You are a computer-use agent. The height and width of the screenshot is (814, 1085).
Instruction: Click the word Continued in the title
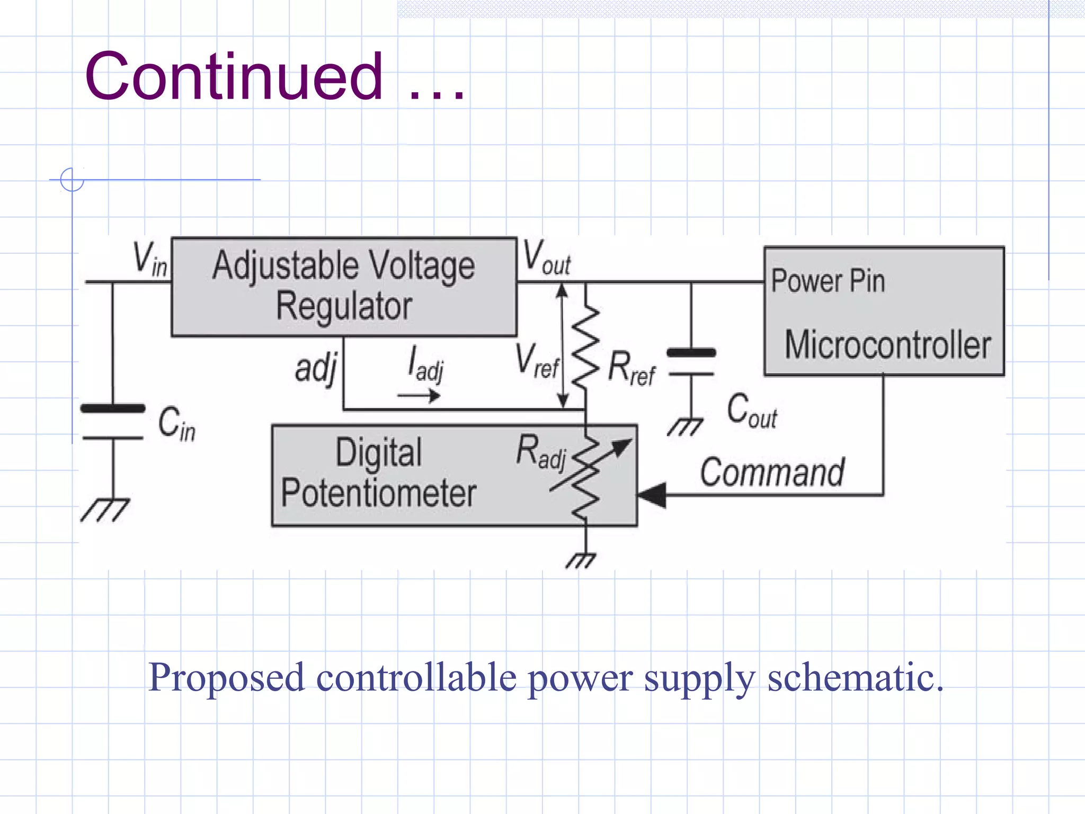point(233,77)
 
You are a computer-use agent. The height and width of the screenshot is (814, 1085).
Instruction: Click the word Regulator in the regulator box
point(344,307)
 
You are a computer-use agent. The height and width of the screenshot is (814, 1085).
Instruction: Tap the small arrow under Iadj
point(419,395)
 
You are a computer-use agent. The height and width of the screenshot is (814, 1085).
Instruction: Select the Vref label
point(537,362)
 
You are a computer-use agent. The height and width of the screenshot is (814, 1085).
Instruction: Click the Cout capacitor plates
point(691,363)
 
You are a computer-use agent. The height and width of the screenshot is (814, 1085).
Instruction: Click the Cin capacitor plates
point(113,423)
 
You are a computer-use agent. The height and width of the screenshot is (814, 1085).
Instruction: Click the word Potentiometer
point(378,493)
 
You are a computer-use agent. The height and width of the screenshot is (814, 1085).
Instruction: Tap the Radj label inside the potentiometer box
point(541,452)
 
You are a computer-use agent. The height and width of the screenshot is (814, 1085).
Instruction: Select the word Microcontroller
point(887,346)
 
